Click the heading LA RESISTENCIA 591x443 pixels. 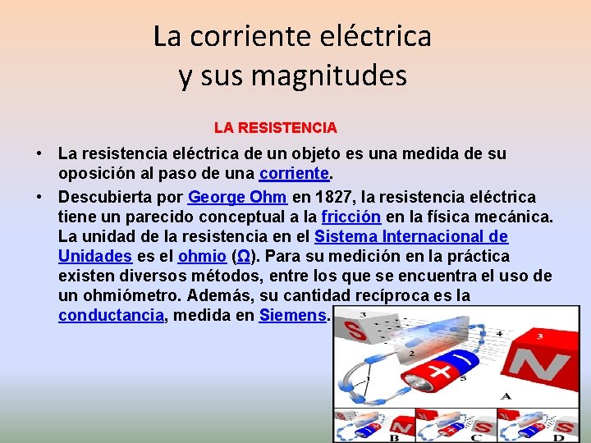(x=275, y=128)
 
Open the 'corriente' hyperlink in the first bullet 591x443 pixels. (x=294, y=173)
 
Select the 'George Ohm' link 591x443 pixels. (x=237, y=197)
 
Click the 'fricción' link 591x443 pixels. (x=350, y=217)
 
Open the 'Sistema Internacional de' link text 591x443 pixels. (x=411, y=236)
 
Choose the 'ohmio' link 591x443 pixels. (x=202, y=256)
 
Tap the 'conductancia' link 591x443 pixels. (x=111, y=316)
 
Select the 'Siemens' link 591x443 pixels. (x=292, y=316)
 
